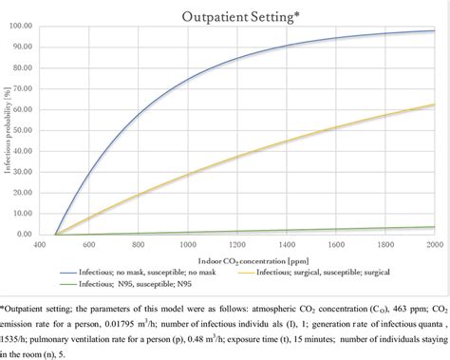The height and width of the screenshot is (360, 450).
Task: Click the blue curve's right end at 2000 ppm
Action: (x=435, y=30)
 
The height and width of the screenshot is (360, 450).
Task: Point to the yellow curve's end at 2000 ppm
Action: (x=435, y=104)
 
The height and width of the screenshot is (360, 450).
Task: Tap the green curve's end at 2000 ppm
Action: (x=435, y=227)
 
